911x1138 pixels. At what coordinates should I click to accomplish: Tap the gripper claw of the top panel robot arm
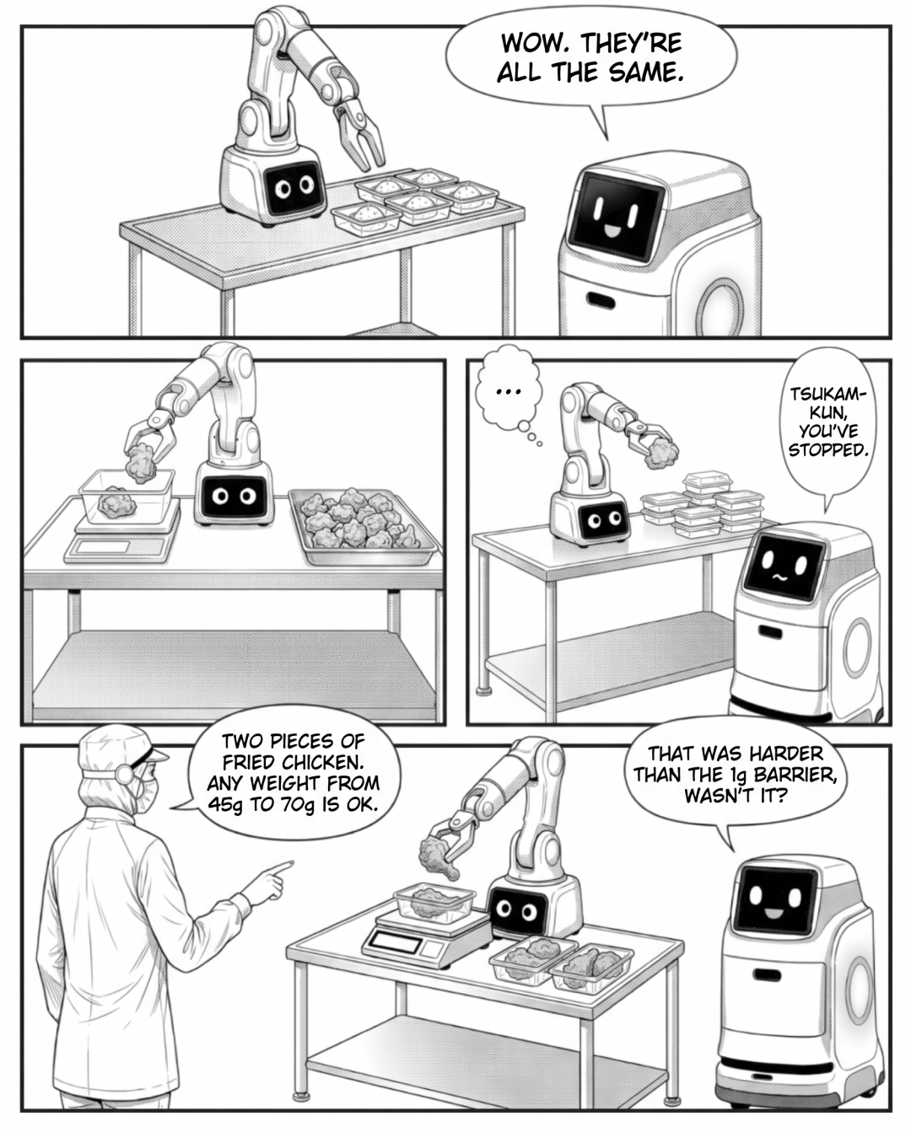tap(362, 136)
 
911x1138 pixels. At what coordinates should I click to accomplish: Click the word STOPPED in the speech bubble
tap(827, 449)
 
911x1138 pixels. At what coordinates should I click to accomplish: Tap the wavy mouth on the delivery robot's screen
tap(779, 577)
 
